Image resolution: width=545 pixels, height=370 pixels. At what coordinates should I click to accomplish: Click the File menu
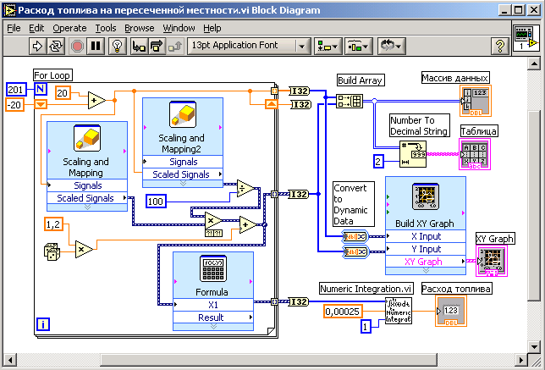coord(14,28)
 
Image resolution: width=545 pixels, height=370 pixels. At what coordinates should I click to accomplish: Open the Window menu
coord(179,28)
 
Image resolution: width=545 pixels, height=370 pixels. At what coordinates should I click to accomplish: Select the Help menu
coord(212,28)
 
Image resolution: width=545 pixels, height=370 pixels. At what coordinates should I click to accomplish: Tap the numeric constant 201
coord(16,89)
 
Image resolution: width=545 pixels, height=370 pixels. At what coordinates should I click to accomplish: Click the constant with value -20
coord(15,104)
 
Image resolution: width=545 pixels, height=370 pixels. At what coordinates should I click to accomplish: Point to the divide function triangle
coord(245,190)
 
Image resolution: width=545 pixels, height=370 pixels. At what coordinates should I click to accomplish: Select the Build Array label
coord(360,80)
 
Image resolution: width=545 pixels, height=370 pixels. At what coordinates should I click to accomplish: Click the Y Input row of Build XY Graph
coord(425,249)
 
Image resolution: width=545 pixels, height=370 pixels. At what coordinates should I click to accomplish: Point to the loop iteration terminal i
coord(43,322)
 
